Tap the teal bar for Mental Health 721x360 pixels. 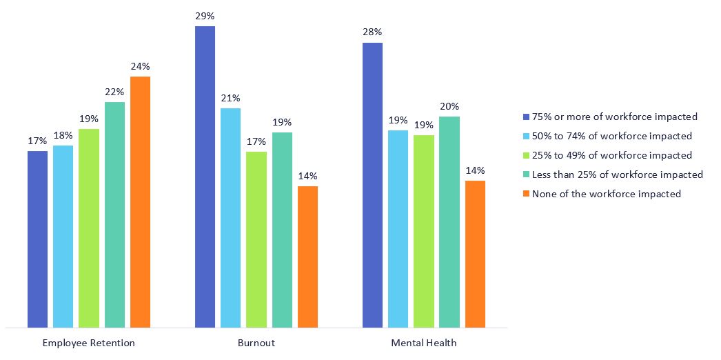[449, 221]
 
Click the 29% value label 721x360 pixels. [205, 15]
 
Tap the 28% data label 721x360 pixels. [372, 32]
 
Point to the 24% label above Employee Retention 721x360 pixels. [140, 66]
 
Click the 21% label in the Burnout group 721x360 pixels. [231, 98]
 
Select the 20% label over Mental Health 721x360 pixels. [449, 106]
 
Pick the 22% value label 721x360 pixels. [114, 92]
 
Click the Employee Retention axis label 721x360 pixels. [88, 343]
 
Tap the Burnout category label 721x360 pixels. [256, 343]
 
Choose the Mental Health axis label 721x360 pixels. [424, 343]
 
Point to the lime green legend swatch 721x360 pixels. [527, 155]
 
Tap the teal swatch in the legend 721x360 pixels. [527, 174]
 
